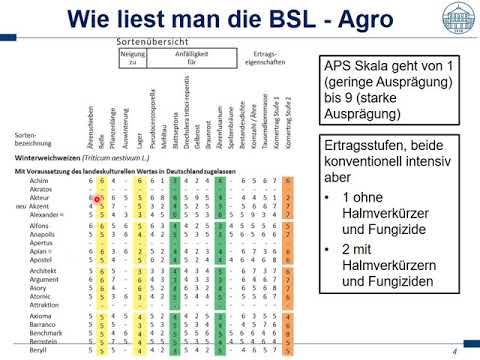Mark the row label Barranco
point(45,327)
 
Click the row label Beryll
point(40,352)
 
